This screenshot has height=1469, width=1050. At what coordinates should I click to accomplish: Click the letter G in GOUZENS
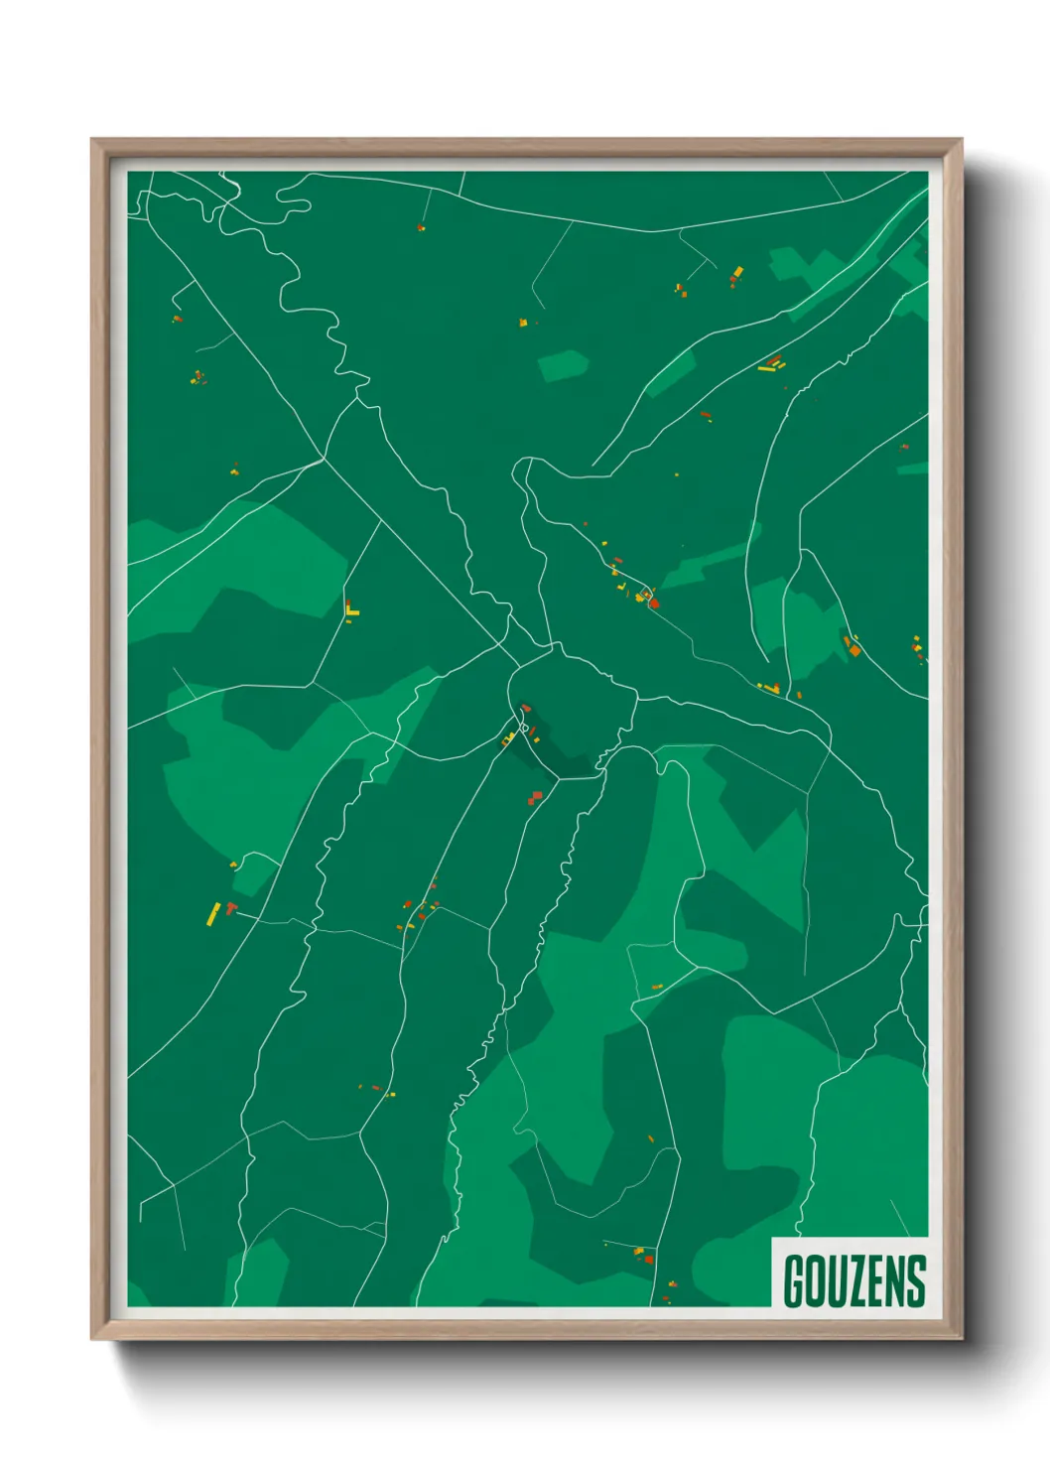click(x=793, y=1281)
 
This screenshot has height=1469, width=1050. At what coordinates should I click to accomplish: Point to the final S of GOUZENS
click(x=916, y=1281)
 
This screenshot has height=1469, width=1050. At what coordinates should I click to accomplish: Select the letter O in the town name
click(x=812, y=1281)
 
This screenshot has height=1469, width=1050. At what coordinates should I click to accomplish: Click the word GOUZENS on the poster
click(x=853, y=1281)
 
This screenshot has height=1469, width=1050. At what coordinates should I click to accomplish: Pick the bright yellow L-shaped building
click(x=351, y=610)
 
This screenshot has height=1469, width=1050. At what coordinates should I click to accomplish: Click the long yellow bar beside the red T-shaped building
click(x=212, y=913)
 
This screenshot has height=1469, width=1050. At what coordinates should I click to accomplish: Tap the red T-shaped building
click(x=230, y=907)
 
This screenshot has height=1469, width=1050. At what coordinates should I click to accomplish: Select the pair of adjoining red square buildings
click(x=536, y=796)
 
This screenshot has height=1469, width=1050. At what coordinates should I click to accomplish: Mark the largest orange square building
click(x=853, y=650)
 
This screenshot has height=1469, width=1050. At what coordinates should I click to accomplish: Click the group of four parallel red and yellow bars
click(x=771, y=364)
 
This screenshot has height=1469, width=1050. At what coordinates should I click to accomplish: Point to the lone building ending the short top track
click(x=421, y=227)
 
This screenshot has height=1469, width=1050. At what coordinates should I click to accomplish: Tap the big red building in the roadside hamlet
click(x=653, y=602)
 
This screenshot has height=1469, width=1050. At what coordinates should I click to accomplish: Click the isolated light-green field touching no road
click(x=563, y=365)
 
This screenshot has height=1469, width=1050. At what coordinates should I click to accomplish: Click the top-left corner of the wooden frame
click(x=92, y=140)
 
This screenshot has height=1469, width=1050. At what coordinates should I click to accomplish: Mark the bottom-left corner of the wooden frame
click(x=92, y=1339)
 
